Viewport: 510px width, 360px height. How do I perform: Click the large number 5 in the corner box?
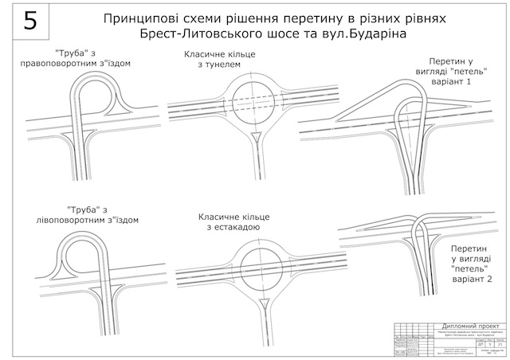point(30,22)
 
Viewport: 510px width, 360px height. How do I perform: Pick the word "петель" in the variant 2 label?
point(467,268)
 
